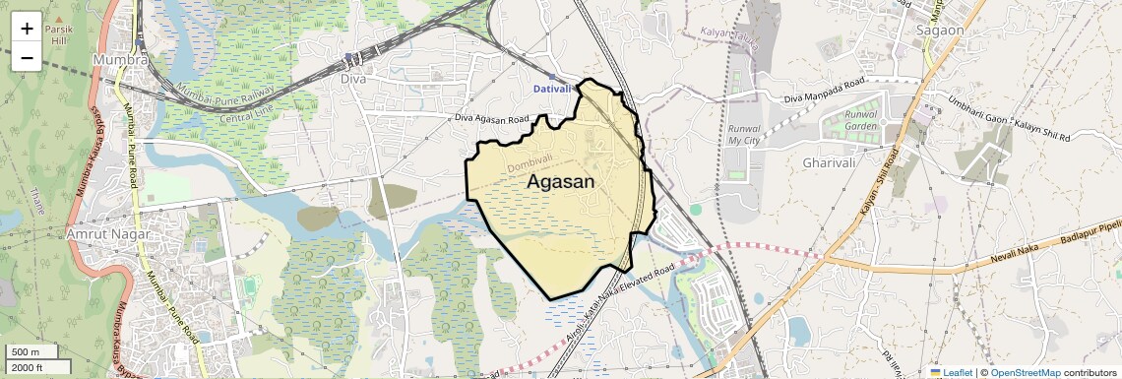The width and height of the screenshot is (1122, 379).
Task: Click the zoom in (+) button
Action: (27, 29)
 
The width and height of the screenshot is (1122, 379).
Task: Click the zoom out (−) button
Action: (27, 57)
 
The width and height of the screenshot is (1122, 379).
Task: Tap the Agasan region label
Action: (561, 182)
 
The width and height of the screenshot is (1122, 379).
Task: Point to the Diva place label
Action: (352, 79)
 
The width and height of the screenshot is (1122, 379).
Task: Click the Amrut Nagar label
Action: (108, 235)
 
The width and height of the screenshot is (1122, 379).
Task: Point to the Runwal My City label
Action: (746, 135)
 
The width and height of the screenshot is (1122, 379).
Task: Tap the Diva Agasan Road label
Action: (491, 120)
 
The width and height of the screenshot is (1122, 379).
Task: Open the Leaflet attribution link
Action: (950, 372)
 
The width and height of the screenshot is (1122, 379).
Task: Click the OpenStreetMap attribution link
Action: (1025, 372)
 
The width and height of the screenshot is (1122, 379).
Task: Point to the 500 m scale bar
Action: (32, 351)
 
